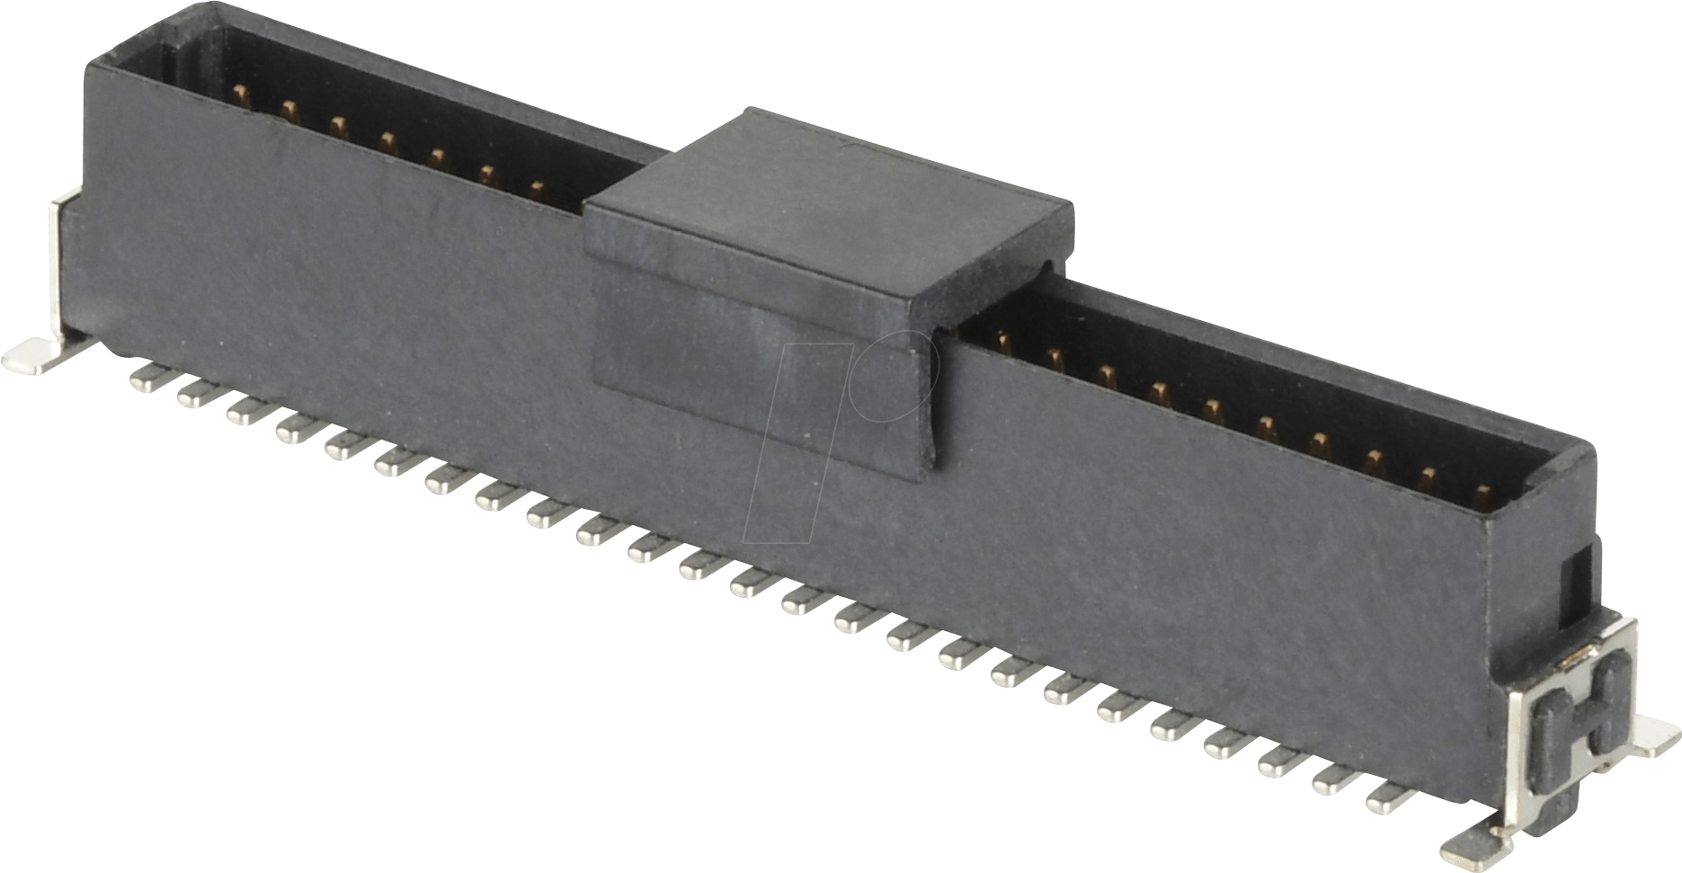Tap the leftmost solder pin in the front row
144,379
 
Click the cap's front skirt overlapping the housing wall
764,378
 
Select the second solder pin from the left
192,396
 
